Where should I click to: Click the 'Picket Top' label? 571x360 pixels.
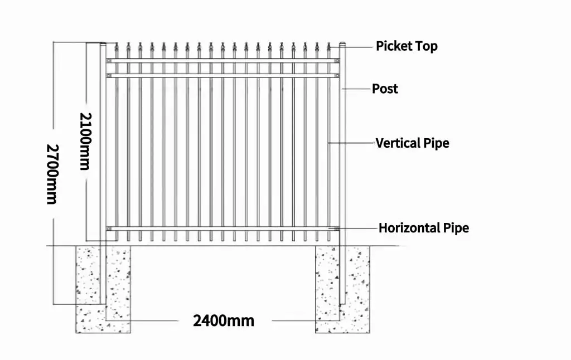(407, 46)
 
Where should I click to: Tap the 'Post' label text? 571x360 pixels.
(385, 89)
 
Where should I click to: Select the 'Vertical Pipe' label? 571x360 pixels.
(412, 143)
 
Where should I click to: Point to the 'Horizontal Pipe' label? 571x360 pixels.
(423, 228)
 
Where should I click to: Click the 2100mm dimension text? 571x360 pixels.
(85, 141)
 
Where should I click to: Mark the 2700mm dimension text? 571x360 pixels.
(52, 173)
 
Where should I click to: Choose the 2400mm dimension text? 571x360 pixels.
(223, 320)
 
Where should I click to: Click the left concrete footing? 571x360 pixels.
(103, 290)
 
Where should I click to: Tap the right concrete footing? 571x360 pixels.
(342, 290)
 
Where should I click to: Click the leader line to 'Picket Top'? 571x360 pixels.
(360, 47)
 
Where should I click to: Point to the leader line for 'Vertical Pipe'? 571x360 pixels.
(351, 143)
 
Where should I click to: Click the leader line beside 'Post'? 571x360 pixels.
(357, 89)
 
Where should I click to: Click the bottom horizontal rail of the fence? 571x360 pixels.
(223, 228)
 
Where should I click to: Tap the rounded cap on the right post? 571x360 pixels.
(343, 44)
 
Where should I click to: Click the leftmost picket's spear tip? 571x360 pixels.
(116, 45)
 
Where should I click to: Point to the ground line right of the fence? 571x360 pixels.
(379, 246)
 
